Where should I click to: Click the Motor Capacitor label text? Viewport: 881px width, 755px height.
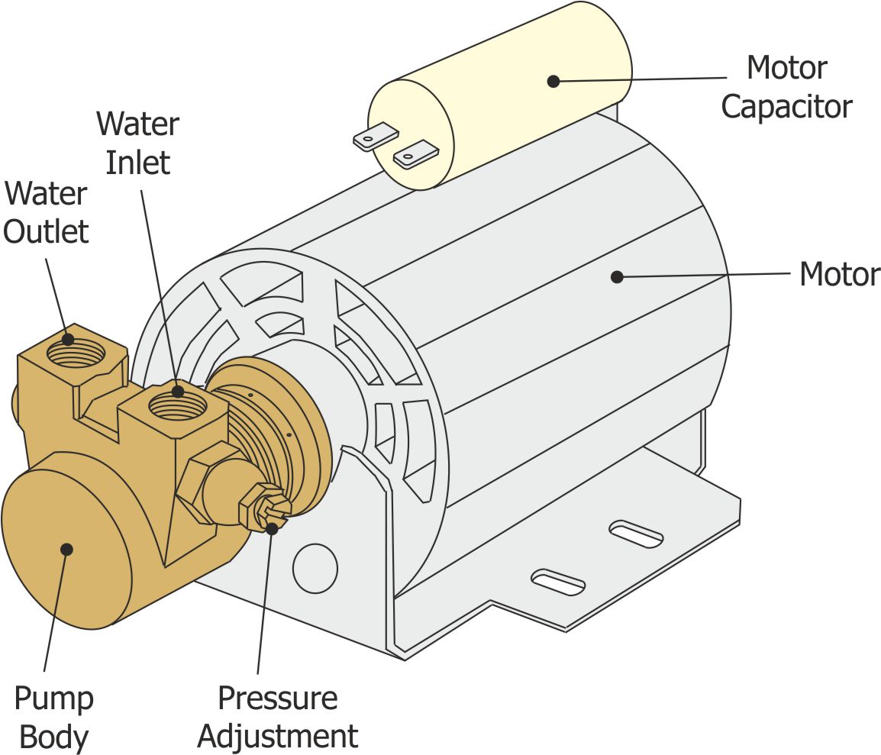point(786,87)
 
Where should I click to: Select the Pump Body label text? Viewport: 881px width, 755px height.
point(53,718)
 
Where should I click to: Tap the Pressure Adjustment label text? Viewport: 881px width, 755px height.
point(277,718)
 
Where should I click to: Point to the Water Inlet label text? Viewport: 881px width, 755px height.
point(138,143)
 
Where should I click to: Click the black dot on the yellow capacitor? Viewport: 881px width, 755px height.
point(553,81)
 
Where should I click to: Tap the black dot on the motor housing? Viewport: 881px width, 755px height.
point(617,277)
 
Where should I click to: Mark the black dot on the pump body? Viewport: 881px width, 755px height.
point(67,549)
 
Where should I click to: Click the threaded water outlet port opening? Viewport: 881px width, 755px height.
point(76,353)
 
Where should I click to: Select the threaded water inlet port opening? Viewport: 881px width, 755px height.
point(177,403)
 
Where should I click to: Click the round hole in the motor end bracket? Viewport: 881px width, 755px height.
point(315,568)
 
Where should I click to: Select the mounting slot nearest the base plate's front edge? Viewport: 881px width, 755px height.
point(558,582)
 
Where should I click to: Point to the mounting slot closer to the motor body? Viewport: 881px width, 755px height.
point(636,533)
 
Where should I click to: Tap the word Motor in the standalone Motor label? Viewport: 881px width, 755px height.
point(839,274)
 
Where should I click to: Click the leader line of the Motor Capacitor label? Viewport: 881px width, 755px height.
point(641,79)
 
